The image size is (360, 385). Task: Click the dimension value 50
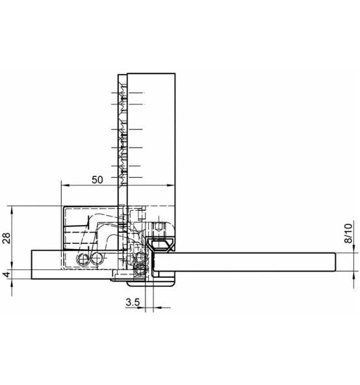(97, 179)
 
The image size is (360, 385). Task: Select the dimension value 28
(6, 238)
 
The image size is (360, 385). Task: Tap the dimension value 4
(7, 274)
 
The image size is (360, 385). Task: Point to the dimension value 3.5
(133, 302)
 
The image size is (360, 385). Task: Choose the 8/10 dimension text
(348, 233)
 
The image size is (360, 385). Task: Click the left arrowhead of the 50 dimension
(65, 185)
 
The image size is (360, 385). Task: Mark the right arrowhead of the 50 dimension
(171, 185)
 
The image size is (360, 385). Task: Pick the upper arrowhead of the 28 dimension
(12, 209)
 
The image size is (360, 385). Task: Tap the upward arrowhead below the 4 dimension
(12, 283)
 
